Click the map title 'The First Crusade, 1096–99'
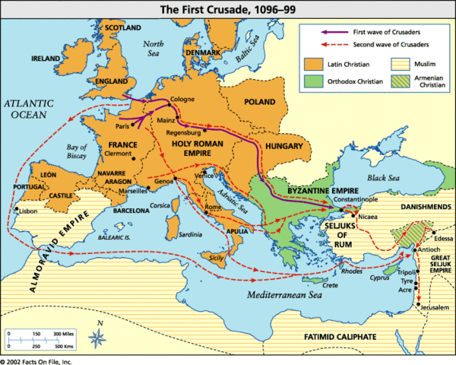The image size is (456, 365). (x=227, y=10)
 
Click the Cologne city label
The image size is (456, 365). (x=182, y=99)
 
